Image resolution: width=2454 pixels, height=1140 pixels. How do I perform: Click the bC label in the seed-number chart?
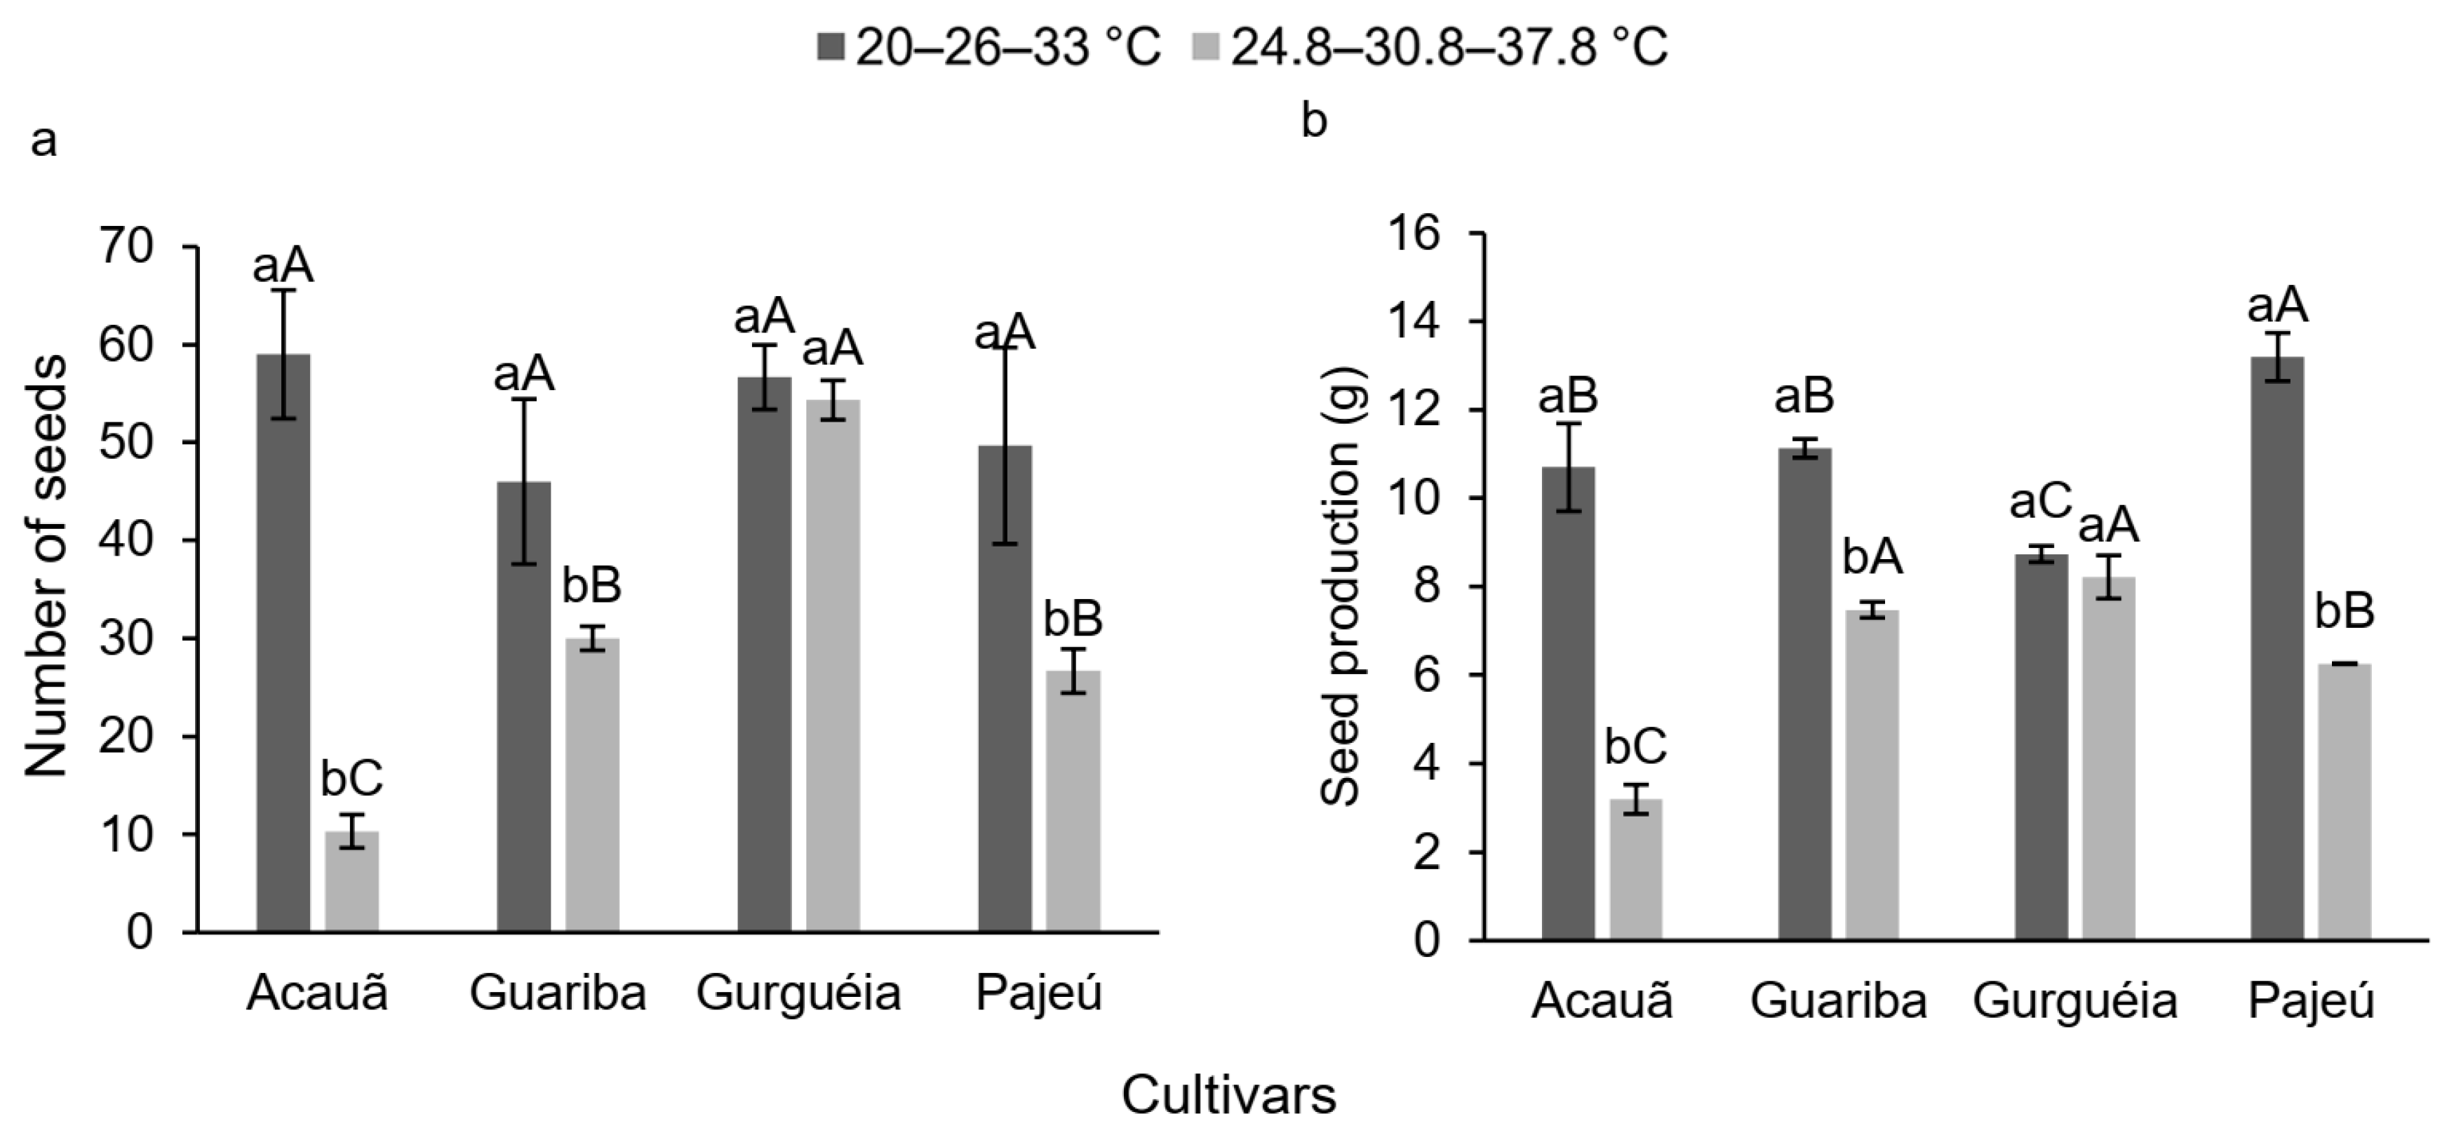(x=351, y=778)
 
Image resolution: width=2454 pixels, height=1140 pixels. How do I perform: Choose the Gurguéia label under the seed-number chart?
(x=798, y=993)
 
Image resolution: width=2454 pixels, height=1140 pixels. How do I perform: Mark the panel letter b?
(x=1314, y=122)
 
